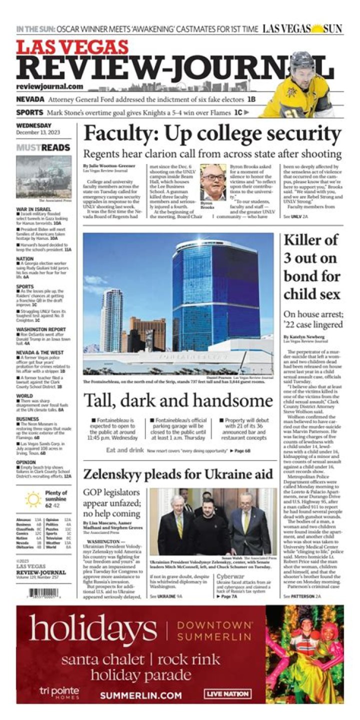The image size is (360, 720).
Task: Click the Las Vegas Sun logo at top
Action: coord(302,29)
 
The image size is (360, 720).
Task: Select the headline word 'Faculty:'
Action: coord(114,134)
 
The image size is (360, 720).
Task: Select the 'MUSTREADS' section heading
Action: coord(43,148)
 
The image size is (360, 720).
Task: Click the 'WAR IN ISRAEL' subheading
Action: coord(34,209)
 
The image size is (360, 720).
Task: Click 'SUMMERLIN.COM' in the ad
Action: coord(140,695)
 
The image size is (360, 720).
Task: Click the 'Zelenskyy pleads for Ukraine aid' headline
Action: coord(178,474)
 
